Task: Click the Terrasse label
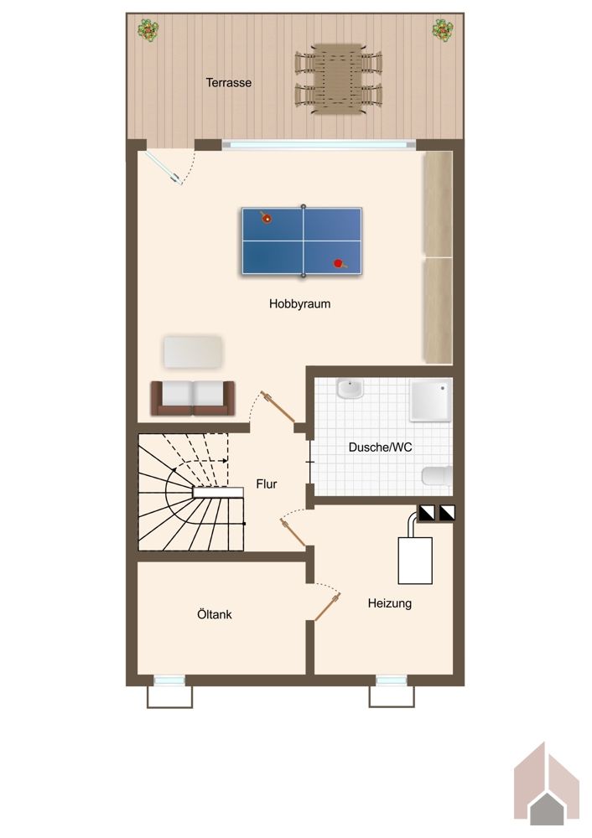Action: pyautogui.click(x=229, y=83)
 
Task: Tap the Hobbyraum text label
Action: pyautogui.click(x=299, y=304)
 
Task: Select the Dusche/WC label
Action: pyautogui.click(x=380, y=447)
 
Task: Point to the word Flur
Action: pyautogui.click(x=267, y=484)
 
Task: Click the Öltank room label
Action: pyautogui.click(x=215, y=614)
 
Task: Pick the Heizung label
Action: pyautogui.click(x=390, y=604)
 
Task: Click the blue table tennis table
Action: pyautogui.click(x=302, y=241)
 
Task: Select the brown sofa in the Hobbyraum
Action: pyautogui.click(x=193, y=398)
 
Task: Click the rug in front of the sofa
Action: pyautogui.click(x=193, y=352)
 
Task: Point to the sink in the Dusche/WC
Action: pyautogui.click(x=350, y=389)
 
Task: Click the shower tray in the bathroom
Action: pyautogui.click(x=431, y=400)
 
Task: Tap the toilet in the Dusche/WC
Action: pyautogui.click(x=437, y=476)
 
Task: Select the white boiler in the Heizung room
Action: pyautogui.click(x=415, y=561)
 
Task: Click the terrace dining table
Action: pyautogui.click(x=338, y=79)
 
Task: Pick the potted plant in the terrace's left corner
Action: pyautogui.click(x=148, y=30)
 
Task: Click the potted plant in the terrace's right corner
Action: pyautogui.click(x=444, y=29)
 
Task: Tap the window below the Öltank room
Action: pyautogui.click(x=169, y=680)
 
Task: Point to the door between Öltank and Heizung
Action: pyautogui.click(x=327, y=608)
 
